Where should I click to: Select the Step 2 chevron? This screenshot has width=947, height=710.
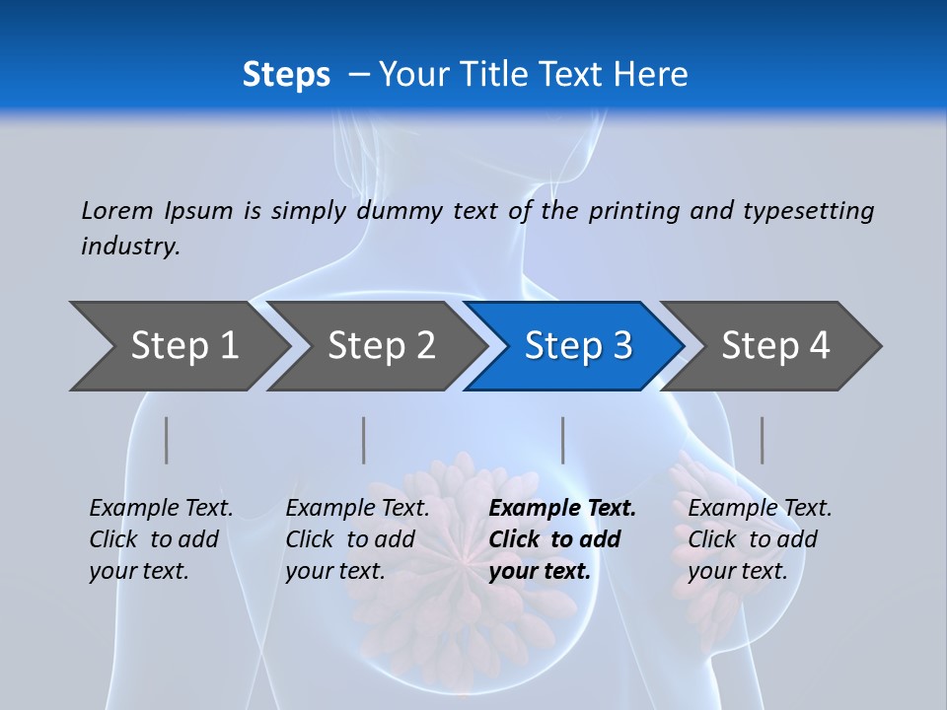pos(381,346)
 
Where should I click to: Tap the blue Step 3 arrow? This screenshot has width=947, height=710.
pos(578,346)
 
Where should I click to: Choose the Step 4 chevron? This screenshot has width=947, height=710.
pos(775,346)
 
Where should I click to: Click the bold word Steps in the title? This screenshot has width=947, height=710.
pos(286,75)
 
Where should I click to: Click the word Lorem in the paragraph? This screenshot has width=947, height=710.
pos(117,210)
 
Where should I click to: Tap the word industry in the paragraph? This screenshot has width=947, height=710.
pos(130,247)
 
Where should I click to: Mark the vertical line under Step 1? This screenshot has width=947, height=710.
pos(167,440)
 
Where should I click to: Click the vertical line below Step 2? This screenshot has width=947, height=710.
pos(364,440)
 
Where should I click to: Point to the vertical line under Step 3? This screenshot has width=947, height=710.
pos(562,440)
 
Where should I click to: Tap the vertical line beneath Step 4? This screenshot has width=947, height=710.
pos(762,440)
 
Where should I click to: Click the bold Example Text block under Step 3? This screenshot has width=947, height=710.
pos(562,539)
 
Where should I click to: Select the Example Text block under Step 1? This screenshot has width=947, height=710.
pos(162,539)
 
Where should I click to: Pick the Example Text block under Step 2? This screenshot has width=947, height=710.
pos(358,539)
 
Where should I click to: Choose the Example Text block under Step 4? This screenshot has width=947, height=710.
pos(760,539)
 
